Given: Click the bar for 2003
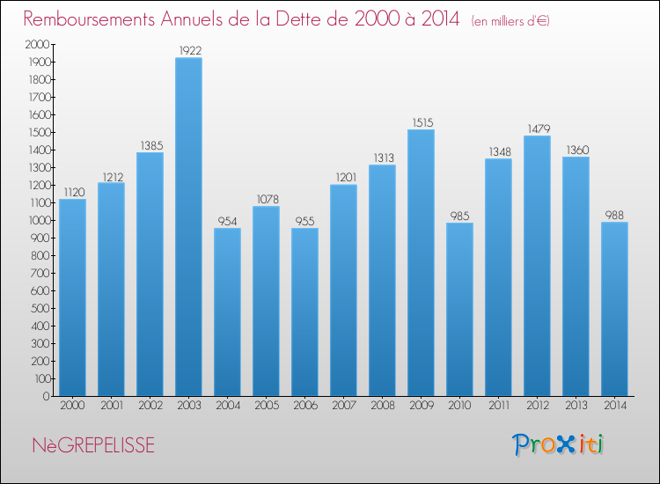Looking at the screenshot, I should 188,227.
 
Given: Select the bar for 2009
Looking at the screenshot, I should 421,262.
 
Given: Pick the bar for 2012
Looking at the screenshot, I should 537,266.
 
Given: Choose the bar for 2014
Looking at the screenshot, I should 614,309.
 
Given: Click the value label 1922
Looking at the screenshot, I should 188,51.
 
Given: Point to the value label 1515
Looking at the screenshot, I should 421,122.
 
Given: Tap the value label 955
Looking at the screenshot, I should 304,221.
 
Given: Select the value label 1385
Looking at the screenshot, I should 150,145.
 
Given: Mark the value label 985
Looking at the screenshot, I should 459,216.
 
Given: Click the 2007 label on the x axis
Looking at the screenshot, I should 343,406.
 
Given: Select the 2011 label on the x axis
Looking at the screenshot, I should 498,406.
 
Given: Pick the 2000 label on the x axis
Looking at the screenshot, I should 72,406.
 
